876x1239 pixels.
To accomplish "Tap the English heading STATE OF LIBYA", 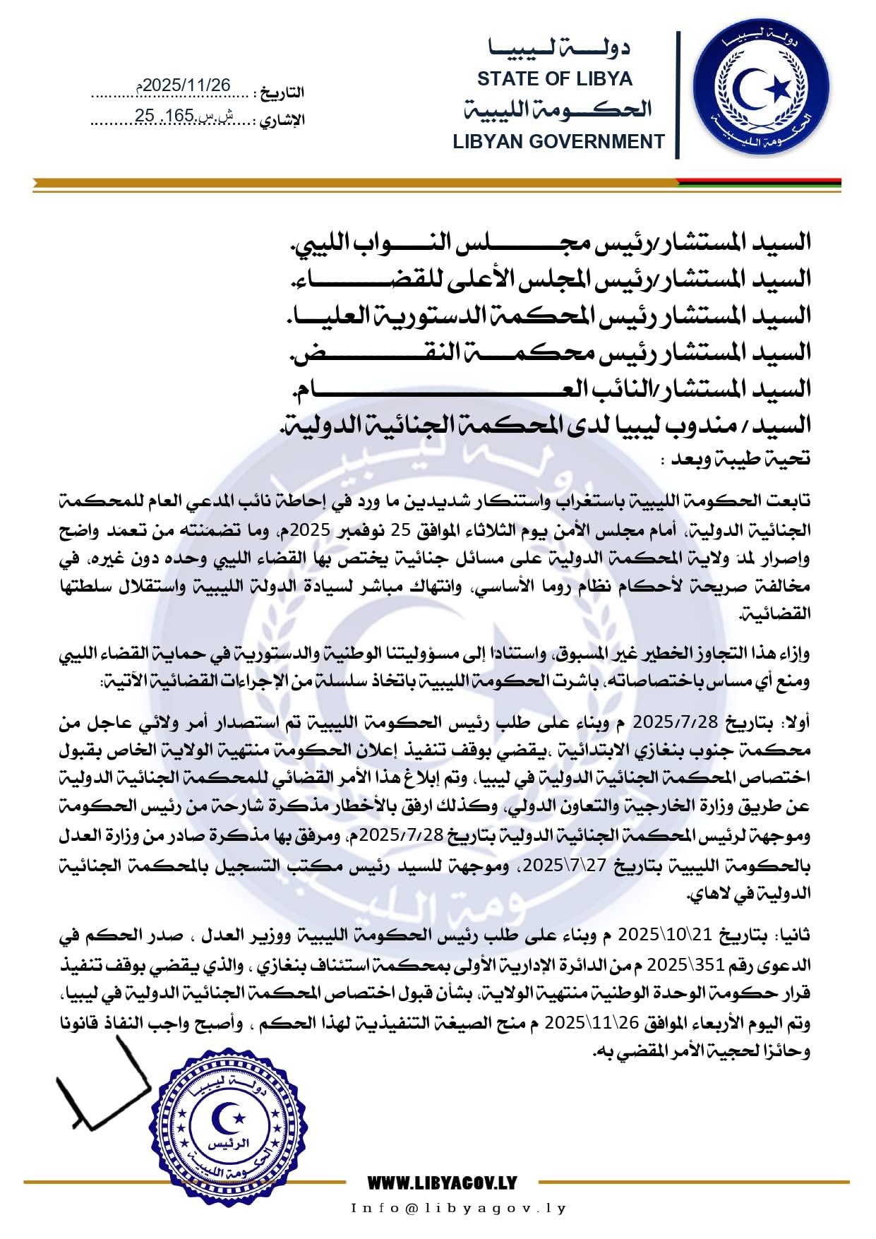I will click(x=555, y=78).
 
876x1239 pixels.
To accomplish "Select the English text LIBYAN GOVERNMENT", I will click(x=558, y=141).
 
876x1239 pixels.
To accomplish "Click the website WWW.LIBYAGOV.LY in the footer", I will click(x=443, y=1182).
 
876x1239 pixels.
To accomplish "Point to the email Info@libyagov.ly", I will click(x=459, y=1208).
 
